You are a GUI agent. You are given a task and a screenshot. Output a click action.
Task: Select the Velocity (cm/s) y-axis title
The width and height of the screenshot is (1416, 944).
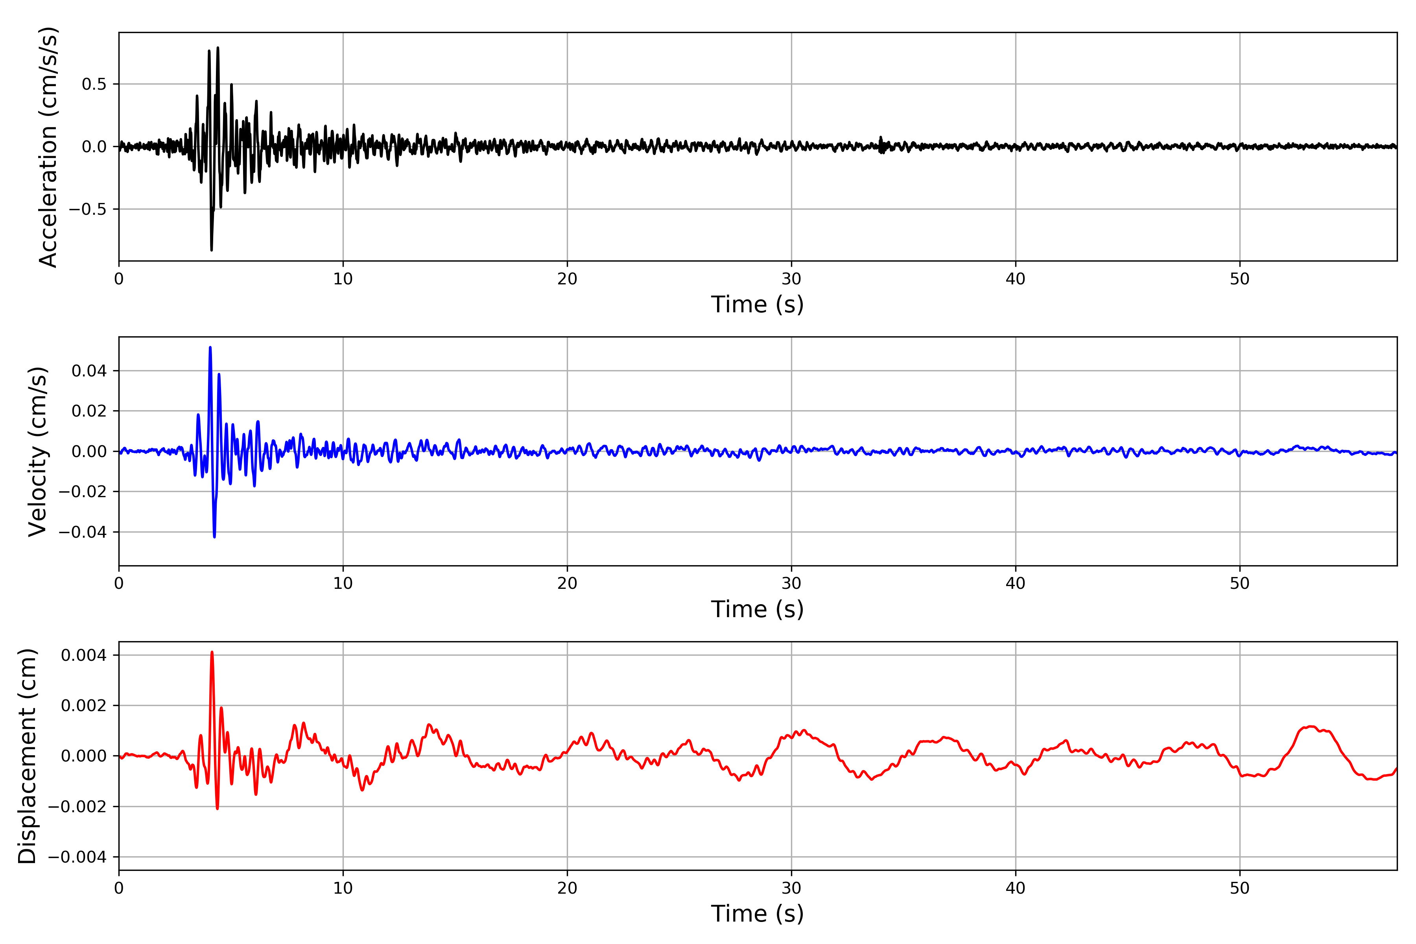click(x=38, y=452)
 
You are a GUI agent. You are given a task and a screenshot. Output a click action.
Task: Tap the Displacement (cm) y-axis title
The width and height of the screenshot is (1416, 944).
click(x=28, y=756)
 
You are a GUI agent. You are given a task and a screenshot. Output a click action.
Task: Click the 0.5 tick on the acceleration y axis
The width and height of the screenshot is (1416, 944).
click(x=94, y=84)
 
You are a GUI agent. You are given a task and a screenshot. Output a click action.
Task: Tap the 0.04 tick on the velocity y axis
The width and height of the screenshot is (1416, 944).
click(x=89, y=371)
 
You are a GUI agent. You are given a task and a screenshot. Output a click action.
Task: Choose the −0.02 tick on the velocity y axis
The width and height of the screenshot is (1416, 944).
click(x=83, y=492)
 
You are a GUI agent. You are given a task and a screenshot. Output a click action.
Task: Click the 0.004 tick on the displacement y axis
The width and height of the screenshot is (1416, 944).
click(x=84, y=655)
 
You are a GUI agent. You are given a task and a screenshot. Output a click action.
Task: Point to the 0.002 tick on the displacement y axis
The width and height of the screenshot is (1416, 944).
click(x=84, y=706)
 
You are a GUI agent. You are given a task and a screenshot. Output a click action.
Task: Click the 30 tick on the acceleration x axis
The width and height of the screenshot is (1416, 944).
click(x=791, y=279)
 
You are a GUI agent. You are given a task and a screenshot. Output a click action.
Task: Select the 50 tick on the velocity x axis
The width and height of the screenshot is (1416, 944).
click(x=1240, y=583)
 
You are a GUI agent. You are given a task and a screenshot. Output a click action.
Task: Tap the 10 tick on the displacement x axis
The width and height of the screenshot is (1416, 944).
click(x=343, y=888)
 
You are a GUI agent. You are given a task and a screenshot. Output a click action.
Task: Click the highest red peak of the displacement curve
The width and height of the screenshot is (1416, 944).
click(x=212, y=652)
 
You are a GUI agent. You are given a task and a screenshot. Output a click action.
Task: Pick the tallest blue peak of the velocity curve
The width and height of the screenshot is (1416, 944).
click(x=210, y=347)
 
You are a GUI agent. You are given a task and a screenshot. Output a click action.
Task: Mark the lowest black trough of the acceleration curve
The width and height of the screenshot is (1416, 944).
click(x=211, y=250)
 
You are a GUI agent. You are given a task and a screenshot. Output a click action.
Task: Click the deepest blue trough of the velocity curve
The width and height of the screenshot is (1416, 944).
click(x=214, y=537)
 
